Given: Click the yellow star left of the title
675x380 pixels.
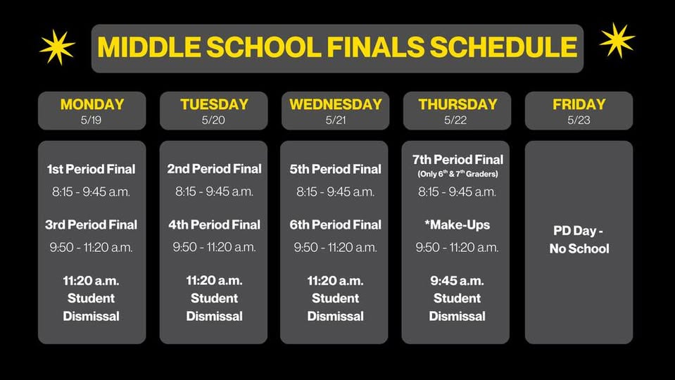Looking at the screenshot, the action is pyautogui.click(x=57, y=47).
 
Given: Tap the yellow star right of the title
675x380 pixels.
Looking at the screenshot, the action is pyautogui.click(x=617, y=40).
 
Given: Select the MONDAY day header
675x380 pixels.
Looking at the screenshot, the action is pyautogui.click(x=92, y=104).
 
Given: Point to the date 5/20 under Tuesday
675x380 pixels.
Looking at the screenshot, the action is pyautogui.click(x=213, y=120).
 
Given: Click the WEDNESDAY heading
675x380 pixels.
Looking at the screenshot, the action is pyautogui.click(x=336, y=104).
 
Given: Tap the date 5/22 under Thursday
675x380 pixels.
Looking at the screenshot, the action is pyautogui.click(x=455, y=120).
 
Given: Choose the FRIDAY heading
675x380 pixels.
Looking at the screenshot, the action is pyautogui.click(x=579, y=104).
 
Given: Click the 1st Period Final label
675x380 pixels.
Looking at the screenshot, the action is pyautogui.click(x=92, y=169).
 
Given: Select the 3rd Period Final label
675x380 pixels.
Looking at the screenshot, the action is pyautogui.click(x=92, y=224).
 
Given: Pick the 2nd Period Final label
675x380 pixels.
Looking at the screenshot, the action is pyautogui.click(x=215, y=169).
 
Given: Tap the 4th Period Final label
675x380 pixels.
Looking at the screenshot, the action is pyautogui.click(x=215, y=224).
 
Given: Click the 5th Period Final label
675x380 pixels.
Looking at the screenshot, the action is pyautogui.click(x=335, y=169).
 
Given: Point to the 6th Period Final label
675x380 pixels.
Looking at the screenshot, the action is pyautogui.click(x=335, y=224).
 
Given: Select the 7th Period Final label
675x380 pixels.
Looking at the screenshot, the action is pyautogui.click(x=458, y=160).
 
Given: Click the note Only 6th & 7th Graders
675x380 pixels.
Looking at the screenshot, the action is pyautogui.click(x=458, y=174).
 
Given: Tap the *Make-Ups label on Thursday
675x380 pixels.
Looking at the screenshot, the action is pyautogui.click(x=458, y=224).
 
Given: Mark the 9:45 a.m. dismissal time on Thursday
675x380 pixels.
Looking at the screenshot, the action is pyautogui.click(x=458, y=281).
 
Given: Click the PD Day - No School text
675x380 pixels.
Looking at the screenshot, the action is pyautogui.click(x=579, y=240).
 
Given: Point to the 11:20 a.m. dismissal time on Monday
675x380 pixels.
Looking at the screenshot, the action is pyautogui.click(x=92, y=281).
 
